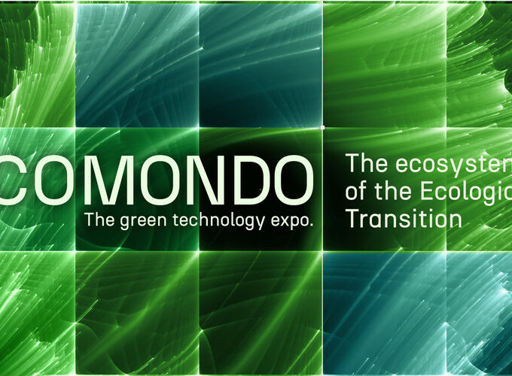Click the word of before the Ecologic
[356, 190]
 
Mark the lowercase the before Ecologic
[396, 190]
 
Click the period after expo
[310, 226]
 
